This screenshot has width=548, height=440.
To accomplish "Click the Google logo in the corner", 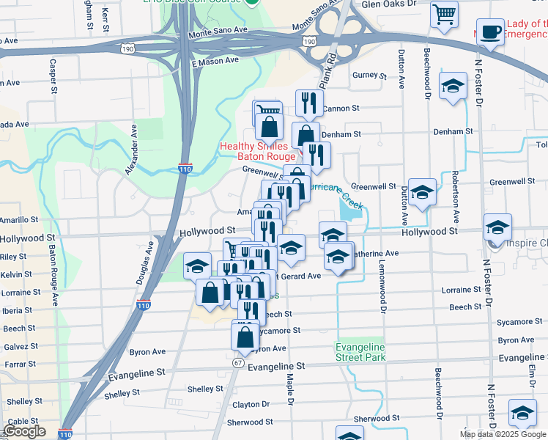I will pos(25,432).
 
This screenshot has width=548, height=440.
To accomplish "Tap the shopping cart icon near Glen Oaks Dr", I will pos(444,14).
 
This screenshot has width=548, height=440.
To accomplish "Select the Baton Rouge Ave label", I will pos(53,275).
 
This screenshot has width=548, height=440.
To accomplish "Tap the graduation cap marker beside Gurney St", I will pos(453,87).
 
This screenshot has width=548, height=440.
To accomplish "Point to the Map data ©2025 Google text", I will pos(503,434).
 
